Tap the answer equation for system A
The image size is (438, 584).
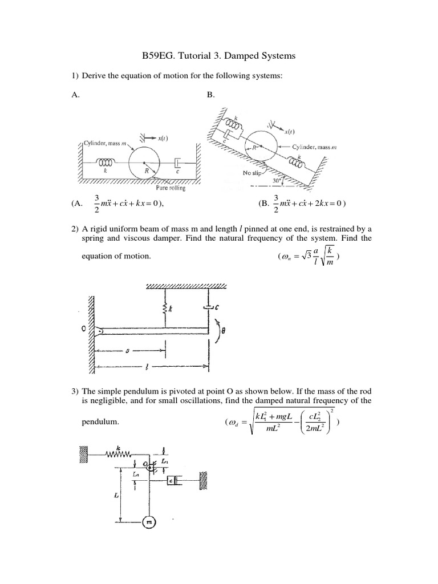tap(123, 204)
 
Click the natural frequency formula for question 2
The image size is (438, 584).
tap(311, 257)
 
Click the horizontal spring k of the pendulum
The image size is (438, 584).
tap(119, 454)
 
